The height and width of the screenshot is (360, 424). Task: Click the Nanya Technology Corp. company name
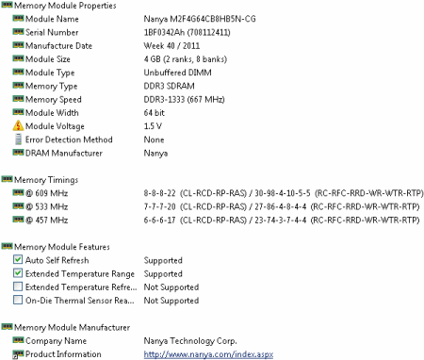[x=191, y=340]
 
